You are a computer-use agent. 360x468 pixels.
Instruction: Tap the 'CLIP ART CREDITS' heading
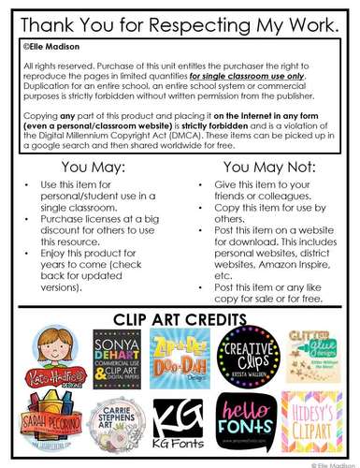(x=180, y=320)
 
